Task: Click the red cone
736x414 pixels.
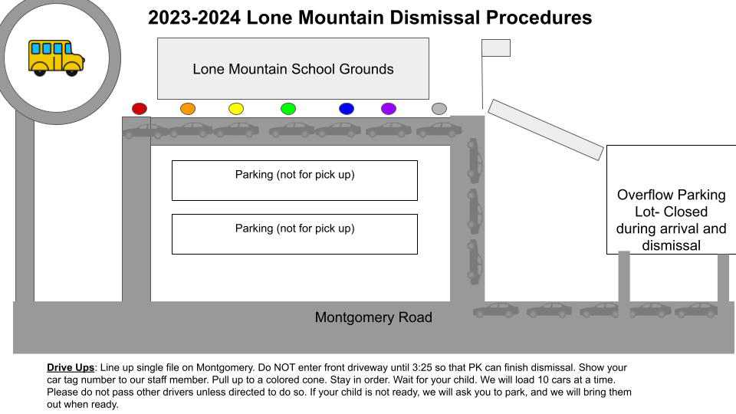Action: pos(140,109)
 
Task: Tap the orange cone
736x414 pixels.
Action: pos(188,109)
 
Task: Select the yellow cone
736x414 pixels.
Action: pos(236,109)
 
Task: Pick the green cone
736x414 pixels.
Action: pos(288,109)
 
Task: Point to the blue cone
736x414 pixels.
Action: pos(347,109)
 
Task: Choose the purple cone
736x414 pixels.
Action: pos(389,109)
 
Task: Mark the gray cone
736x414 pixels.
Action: pos(439,109)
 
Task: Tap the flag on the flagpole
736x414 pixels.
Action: pos(496,48)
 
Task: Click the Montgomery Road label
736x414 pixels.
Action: pos(373,317)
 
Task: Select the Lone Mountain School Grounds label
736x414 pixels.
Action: pos(293,69)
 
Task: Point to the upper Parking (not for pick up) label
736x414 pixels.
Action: pos(294,175)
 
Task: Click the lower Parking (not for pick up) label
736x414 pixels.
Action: pos(294,228)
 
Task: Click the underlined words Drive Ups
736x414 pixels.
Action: pos(71,368)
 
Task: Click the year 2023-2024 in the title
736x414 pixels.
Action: pos(195,18)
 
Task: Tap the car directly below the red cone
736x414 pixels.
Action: pos(144,130)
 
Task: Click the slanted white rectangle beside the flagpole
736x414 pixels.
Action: pos(546,130)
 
